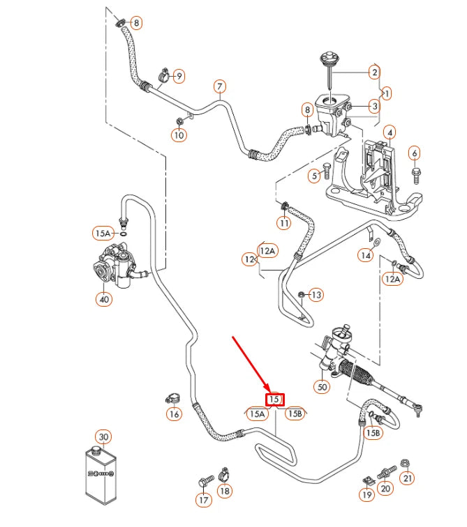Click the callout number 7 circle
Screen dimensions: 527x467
point(219,87)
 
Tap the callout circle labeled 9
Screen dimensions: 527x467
point(179,75)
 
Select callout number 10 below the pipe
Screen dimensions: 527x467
point(179,135)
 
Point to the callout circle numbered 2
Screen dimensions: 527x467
point(374,72)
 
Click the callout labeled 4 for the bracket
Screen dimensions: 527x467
point(390,132)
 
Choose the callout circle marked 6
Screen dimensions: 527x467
point(415,153)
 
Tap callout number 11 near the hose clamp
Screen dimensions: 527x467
point(284,223)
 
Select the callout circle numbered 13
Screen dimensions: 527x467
point(316,295)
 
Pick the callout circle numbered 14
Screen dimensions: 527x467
point(366,256)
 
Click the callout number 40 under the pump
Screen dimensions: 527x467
point(104,299)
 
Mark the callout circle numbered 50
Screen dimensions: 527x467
point(322,386)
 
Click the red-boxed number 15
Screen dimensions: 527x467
point(274,399)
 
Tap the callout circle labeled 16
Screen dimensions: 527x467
point(174,415)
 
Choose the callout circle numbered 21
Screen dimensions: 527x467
point(408,478)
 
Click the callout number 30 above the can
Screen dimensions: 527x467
point(103,437)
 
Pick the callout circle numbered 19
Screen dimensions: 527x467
point(367,496)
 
